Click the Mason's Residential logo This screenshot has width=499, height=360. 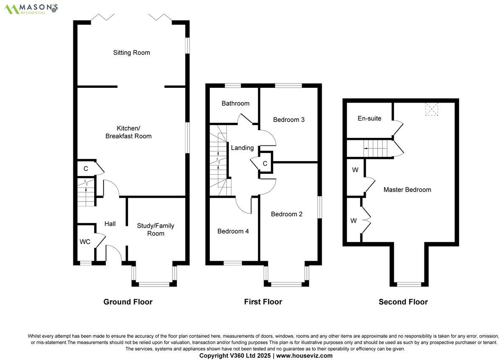click(31, 8)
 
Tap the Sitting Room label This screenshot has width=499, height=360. click(131, 53)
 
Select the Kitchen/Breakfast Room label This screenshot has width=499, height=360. click(128, 132)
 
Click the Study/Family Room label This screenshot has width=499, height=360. click(156, 229)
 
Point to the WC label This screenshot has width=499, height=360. click(85, 242)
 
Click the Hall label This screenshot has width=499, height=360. click(110, 223)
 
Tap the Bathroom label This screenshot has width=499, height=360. click(235, 103)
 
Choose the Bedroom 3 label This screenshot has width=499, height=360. click(289, 120)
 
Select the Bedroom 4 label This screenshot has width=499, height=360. click(233, 231)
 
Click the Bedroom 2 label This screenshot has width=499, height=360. click(287, 214)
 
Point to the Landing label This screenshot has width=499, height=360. click(242, 148)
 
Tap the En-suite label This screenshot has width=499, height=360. click(369, 118)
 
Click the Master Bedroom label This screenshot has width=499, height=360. click(407, 190)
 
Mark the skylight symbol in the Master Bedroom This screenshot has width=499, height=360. click(431, 109)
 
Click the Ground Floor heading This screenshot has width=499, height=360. click(128, 302)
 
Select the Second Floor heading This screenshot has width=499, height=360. click(403, 302)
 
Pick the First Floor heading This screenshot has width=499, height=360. click(263, 302)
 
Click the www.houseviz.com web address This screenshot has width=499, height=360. click(304, 356)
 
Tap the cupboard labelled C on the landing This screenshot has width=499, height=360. click(265, 164)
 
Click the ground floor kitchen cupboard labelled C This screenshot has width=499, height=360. click(86, 168)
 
